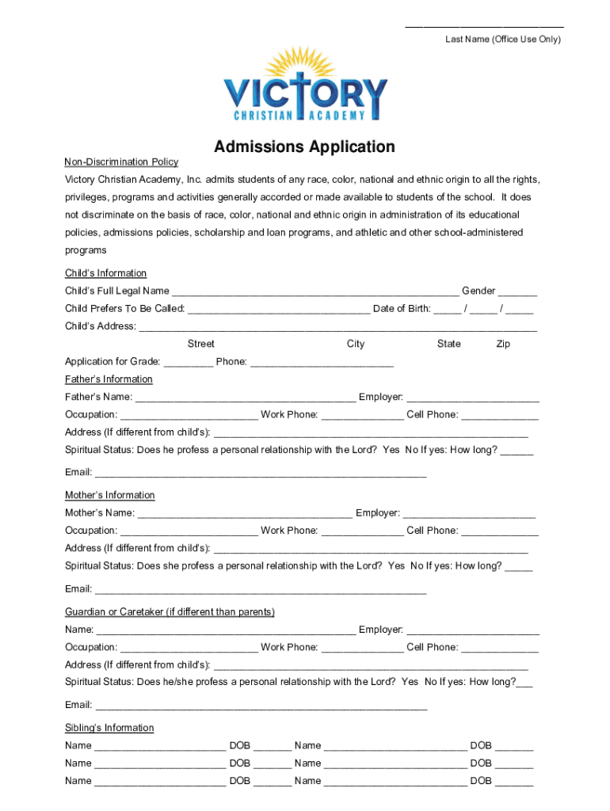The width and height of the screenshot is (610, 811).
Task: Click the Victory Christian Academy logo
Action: (x=305, y=86)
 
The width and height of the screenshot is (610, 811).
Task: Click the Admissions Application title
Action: (x=304, y=147)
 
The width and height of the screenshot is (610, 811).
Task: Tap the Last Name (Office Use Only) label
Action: (x=502, y=40)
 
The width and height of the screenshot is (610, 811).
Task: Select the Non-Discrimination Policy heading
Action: (x=121, y=162)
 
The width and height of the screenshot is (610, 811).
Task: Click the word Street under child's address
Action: (x=200, y=344)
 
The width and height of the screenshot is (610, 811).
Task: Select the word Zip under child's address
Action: (x=503, y=344)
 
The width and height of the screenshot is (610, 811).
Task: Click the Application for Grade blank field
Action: (x=189, y=363)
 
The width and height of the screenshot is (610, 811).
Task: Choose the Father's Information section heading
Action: (x=109, y=379)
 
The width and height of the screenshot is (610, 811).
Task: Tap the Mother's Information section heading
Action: (x=109, y=495)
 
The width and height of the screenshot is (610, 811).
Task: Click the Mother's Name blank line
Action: (x=245, y=514)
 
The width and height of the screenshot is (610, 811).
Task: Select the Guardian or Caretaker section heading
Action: (x=170, y=612)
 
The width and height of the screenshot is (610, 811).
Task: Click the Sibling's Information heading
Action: (x=109, y=728)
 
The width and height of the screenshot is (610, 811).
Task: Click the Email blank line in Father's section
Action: (x=261, y=474)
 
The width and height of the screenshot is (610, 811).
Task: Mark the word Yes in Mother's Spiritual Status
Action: (x=396, y=566)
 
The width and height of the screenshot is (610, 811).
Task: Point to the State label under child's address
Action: (x=448, y=344)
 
